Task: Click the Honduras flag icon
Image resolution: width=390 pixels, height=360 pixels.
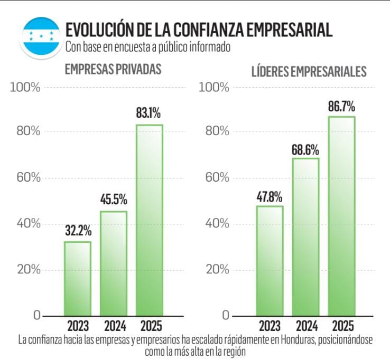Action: coord(40,35)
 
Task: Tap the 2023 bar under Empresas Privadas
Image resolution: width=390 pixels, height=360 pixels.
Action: coord(78,278)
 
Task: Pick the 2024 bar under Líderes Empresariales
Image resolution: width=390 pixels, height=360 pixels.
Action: coord(305,236)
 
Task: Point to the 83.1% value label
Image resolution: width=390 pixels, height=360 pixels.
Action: coord(148,113)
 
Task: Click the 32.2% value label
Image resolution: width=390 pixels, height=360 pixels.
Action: coord(78,230)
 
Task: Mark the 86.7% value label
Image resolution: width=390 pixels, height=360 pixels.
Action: coord(341,105)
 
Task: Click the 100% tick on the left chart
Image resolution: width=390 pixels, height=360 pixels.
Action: coord(25,87)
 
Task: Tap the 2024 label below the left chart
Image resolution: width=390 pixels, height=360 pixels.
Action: coord(114,326)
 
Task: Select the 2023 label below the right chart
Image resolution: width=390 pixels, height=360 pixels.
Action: coord(270,326)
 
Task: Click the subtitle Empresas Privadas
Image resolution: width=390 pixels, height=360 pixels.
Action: coord(113,69)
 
